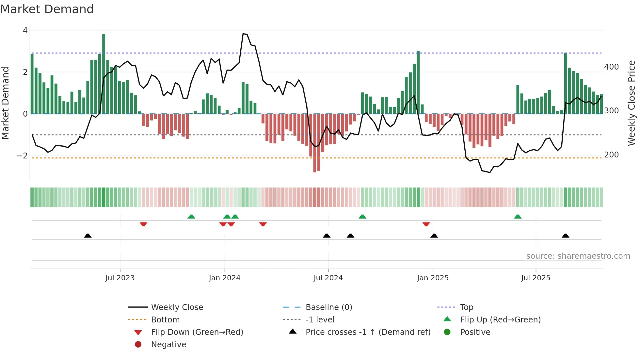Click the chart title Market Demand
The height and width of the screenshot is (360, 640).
pyautogui.click(x=47, y=9)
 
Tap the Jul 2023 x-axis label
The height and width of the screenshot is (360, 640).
pyautogui.click(x=120, y=278)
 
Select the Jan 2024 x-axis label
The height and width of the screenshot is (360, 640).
pyautogui.click(x=225, y=278)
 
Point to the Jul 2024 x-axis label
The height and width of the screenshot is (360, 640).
pyautogui.click(x=328, y=278)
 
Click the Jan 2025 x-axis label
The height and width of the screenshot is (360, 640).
pyautogui.click(x=433, y=278)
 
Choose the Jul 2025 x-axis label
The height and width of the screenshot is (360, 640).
pyautogui.click(x=536, y=278)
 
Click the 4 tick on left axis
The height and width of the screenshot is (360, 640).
pyautogui.click(x=25, y=30)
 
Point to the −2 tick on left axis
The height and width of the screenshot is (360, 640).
pyautogui.click(x=22, y=156)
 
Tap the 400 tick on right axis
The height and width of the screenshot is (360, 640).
pyautogui.click(x=611, y=67)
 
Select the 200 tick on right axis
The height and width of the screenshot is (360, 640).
pyautogui.click(x=611, y=155)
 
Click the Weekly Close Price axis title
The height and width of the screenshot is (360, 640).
pyautogui.click(x=632, y=103)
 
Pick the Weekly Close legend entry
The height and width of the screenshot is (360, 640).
pyautogui.click(x=177, y=307)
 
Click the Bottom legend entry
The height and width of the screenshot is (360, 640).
pyautogui.click(x=165, y=320)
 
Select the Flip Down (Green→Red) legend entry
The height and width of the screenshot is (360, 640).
pyautogui.click(x=197, y=332)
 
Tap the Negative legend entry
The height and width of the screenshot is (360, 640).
pyautogui.click(x=168, y=345)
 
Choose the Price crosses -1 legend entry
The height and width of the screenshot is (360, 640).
pyautogui.click(x=368, y=332)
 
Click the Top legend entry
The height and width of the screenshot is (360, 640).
pyautogui.click(x=467, y=307)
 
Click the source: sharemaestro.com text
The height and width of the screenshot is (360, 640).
pyautogui.click(x=578, y=256)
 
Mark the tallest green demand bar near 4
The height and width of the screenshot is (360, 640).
pyautogui.click(x=104, y=74)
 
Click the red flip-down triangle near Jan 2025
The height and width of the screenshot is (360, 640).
pyautogui.click(x=426, y=224)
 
